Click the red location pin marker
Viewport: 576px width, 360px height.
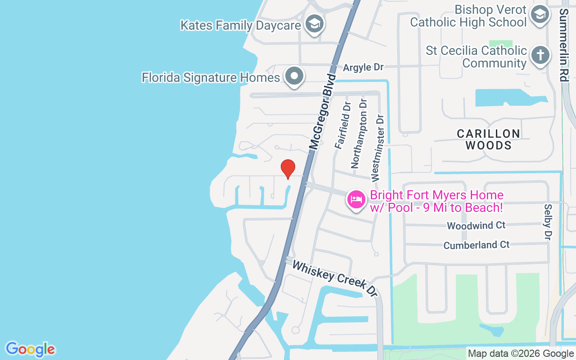point(288,169)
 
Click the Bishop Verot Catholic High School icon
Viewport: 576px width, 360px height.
point(539,15)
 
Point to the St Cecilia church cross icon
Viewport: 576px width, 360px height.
point(540,56)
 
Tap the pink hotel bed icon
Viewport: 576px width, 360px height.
point(356,199)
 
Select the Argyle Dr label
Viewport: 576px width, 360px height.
point(363,67)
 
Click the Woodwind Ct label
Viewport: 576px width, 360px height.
point(476,225)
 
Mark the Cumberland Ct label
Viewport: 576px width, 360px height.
point(477,245)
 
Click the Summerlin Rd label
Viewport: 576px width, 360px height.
point(563,44)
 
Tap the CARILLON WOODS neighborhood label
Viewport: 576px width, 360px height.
point(489,139)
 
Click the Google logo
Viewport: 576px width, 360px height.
point(31,349)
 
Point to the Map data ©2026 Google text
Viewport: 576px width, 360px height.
point(520,354)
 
